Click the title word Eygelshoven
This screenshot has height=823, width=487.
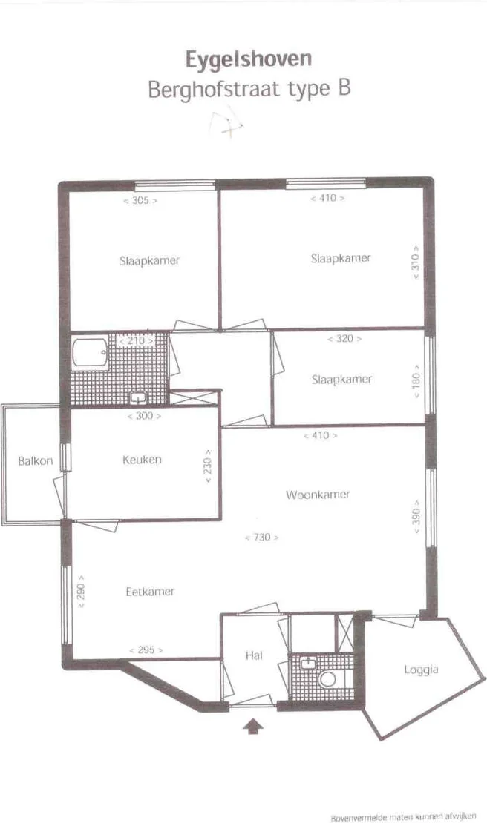(249, 59)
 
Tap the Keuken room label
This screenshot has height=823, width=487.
(142, 460)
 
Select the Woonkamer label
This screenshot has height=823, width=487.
(318, 494)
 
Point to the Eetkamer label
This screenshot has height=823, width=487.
(150, 592)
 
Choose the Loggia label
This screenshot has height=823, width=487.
(421, 670)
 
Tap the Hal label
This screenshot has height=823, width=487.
(254, 655)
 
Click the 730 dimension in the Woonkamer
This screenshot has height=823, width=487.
(261, 537)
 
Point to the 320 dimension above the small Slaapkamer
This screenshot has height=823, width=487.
(344, 339)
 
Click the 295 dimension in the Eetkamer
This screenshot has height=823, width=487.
(146, 650)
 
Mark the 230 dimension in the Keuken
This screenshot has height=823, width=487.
(209, 465)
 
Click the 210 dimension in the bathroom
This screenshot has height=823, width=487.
(136, 340)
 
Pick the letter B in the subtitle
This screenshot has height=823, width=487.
(343, 88)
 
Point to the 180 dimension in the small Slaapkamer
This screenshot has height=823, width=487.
(416, 379)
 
